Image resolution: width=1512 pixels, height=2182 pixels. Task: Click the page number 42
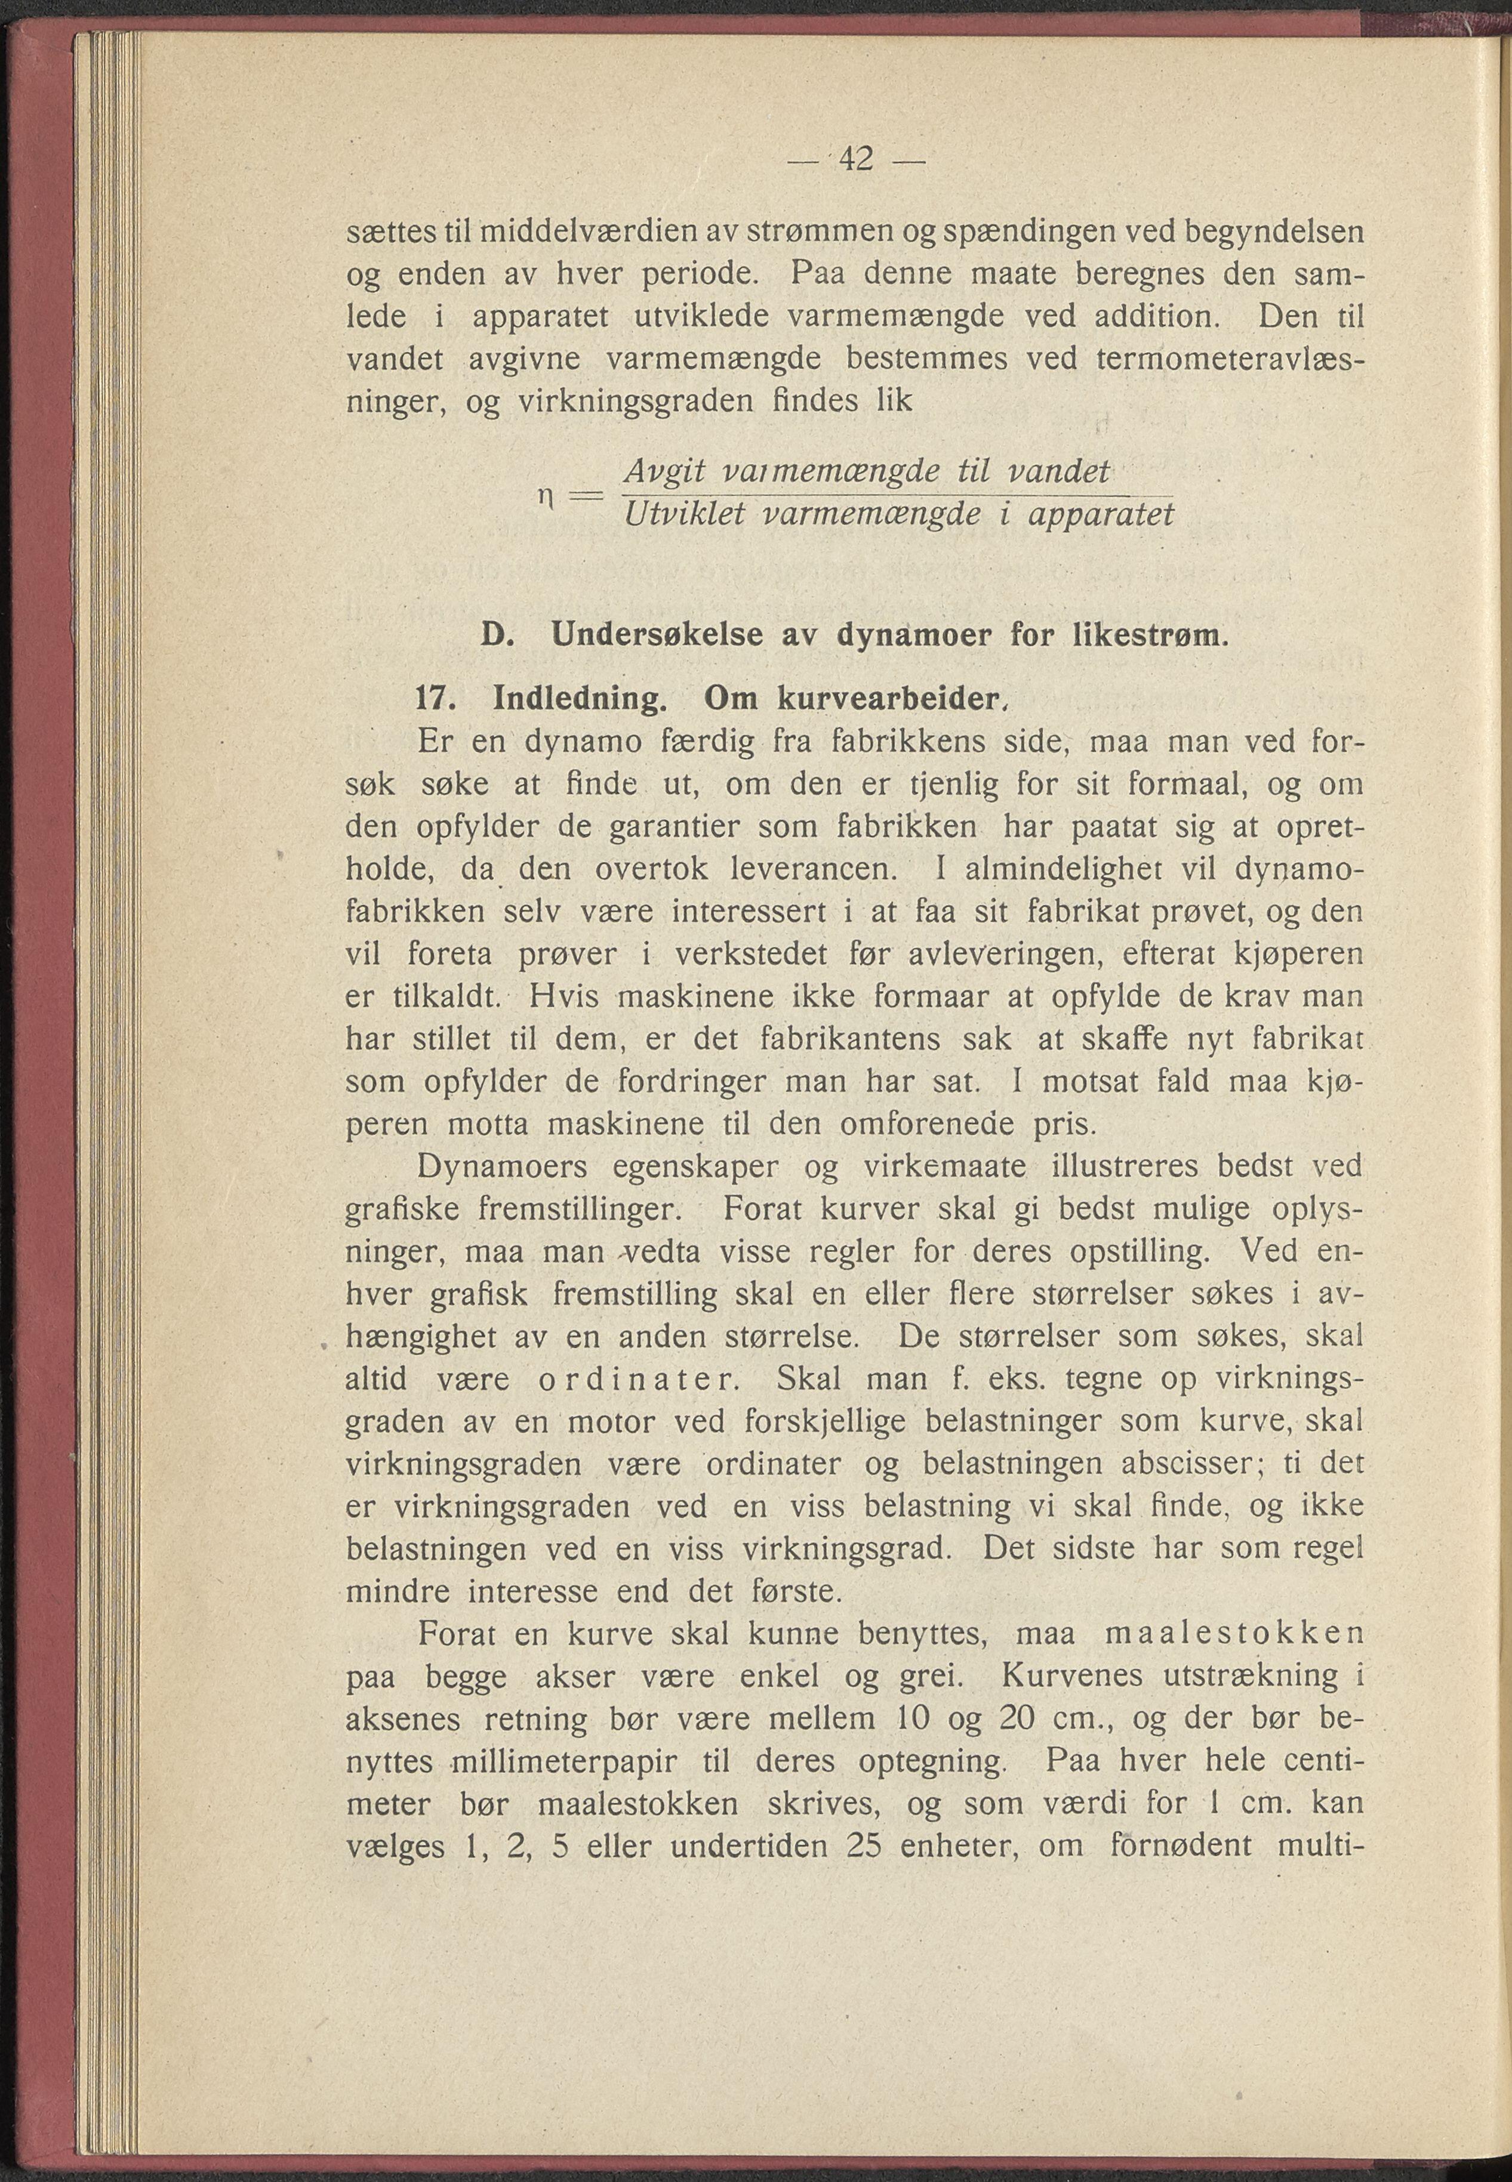pos(855,158)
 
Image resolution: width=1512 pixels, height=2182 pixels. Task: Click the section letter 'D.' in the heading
pos(497,634)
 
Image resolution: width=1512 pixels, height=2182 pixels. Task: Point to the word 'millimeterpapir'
pos(563,1761)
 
